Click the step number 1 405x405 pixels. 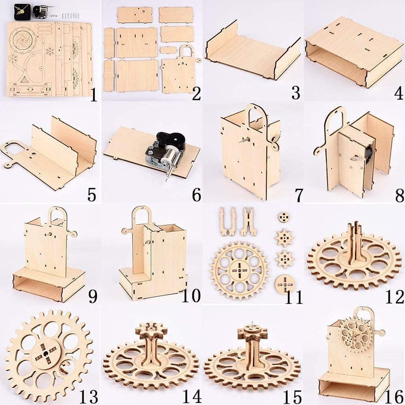click(93, 94)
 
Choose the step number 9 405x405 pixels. click(93, 296)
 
